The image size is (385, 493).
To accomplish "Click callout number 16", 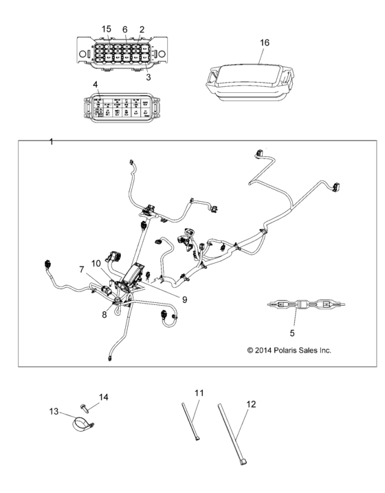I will tap(265, 43).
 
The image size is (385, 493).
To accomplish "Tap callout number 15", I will tap(107, 29).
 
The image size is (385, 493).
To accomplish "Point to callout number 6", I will tap(125, 29).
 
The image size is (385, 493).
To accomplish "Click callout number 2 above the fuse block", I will tap(142, 29).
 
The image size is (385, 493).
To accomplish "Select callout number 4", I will tap(96, 86).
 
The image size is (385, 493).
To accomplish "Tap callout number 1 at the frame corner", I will tap(52, 141).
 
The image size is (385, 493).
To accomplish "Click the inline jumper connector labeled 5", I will tap(295, 305).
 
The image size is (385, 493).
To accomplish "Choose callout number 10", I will tap(96, 263).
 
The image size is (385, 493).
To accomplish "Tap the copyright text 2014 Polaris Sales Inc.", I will tap(289, 350).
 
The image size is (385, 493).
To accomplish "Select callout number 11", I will tap(199, 393).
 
